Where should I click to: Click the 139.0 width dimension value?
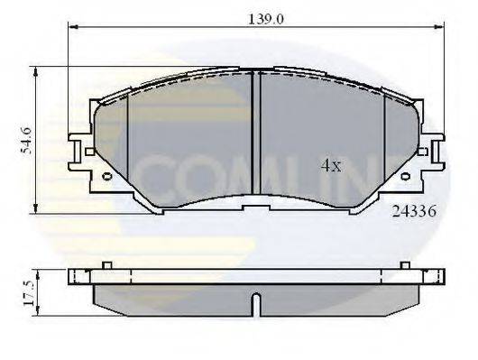pos(263,18)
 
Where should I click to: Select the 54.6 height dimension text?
pos(26,140)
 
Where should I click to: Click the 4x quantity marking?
pos(331,165)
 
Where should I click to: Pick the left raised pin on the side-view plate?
pos(106,265)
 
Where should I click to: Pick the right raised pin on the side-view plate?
pos(405,265)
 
